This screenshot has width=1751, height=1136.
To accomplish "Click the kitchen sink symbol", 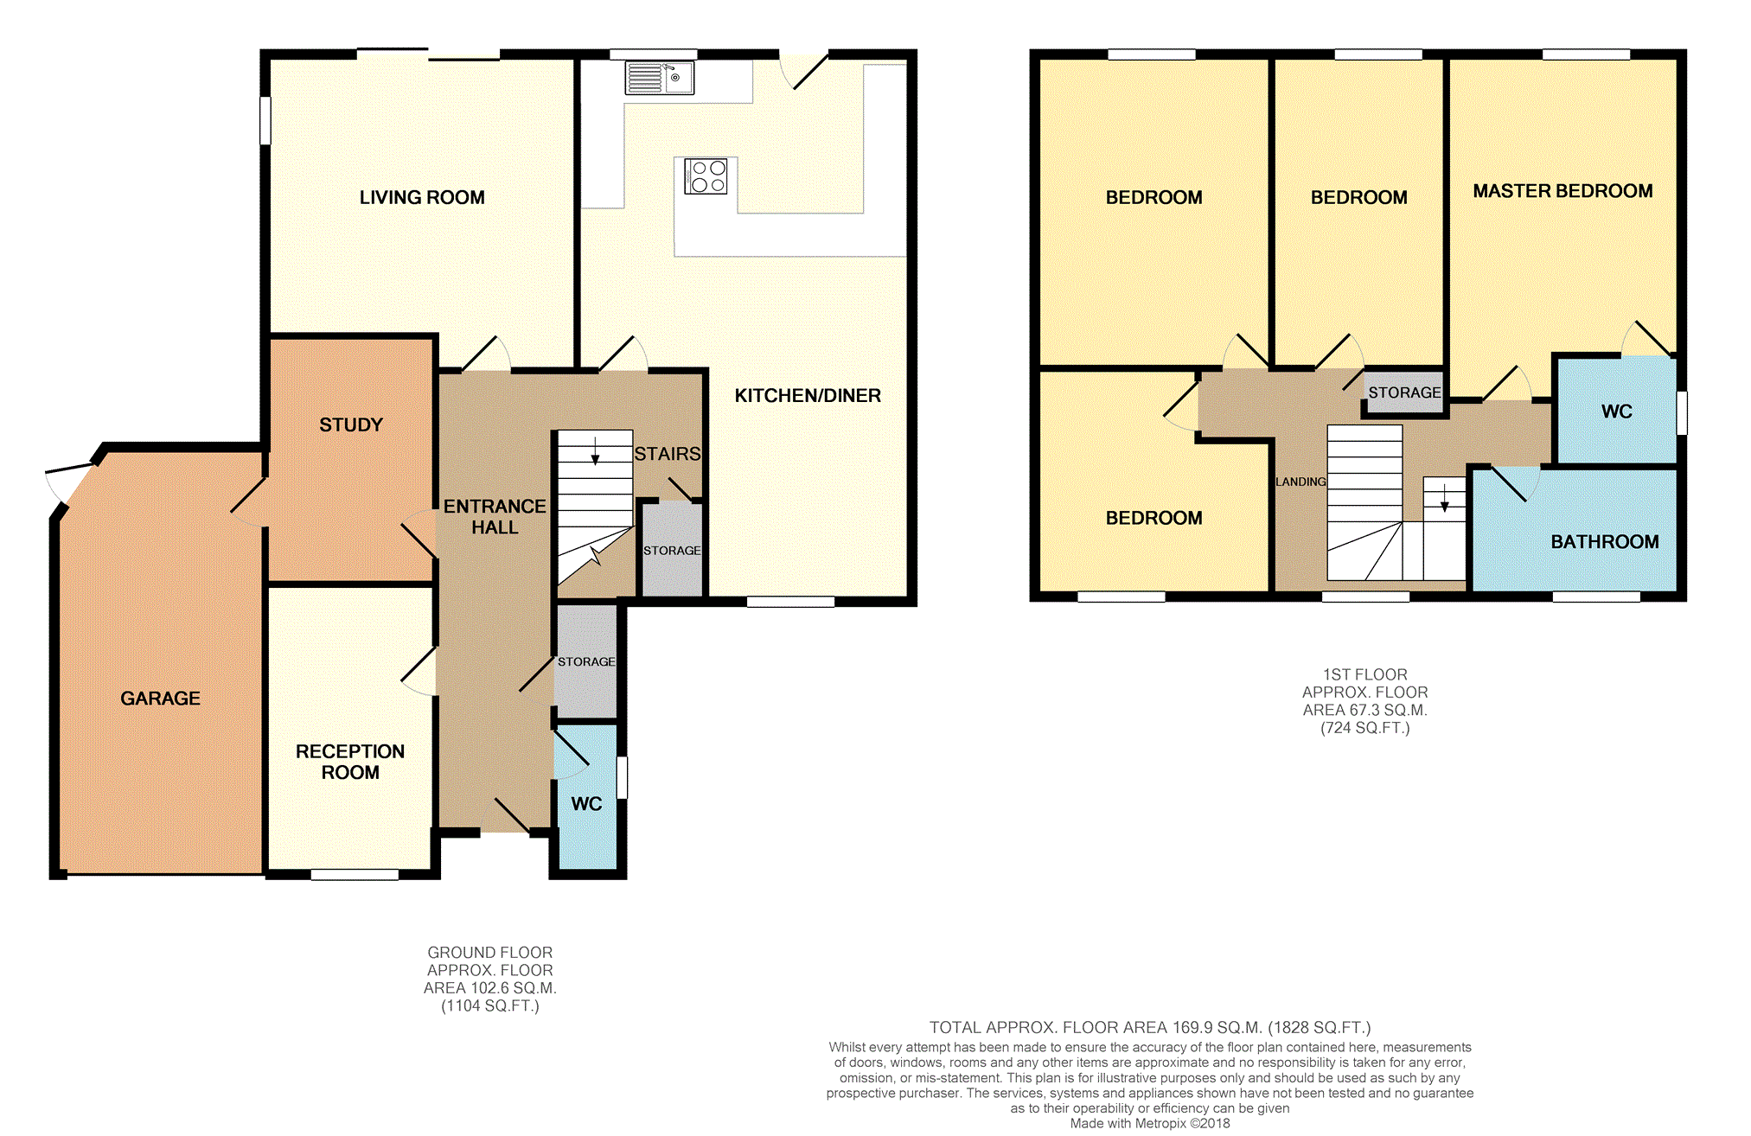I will [659, 78].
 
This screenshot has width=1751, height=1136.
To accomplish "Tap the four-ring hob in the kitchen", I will [706, 176].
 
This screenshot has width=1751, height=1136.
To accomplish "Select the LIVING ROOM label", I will [422, 197].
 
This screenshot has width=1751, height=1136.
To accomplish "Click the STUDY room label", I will [350, 424].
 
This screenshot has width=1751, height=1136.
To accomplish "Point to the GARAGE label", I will [160, 698].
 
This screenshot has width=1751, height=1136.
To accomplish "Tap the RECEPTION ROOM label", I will [350, 762].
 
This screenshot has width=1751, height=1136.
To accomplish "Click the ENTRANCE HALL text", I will [495, 516].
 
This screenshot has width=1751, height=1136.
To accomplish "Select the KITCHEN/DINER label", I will [808, 395].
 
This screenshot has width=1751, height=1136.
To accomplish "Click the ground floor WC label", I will [586, 803].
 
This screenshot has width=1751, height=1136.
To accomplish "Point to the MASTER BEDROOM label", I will [1562, 191].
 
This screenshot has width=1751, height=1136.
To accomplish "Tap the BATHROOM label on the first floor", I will [1604, 541].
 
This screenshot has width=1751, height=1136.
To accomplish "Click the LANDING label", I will [1300, 482].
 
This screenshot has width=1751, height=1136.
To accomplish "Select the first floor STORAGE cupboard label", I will [1404, 392].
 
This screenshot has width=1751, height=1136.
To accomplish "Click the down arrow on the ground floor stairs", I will [595, 452].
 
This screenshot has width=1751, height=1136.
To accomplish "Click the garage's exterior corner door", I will [69, 481].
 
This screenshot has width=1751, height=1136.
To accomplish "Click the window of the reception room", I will [355, 875].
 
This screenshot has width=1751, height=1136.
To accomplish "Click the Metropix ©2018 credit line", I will [1149, 1123].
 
